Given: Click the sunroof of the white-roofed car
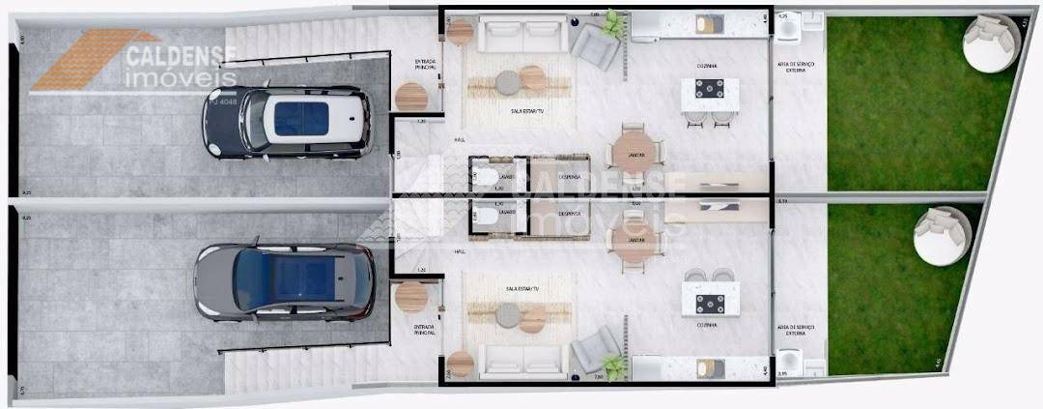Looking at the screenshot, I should point(300,119).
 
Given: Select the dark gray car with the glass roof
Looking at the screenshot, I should point(285,281).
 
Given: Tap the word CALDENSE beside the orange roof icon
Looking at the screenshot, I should point(183,50).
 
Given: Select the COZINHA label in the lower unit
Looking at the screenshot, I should point(714,325).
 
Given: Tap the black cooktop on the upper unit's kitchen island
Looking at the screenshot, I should point(710,91).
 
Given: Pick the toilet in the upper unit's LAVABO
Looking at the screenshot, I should point(484,176).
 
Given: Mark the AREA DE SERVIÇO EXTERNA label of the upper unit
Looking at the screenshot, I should point(798,67).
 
